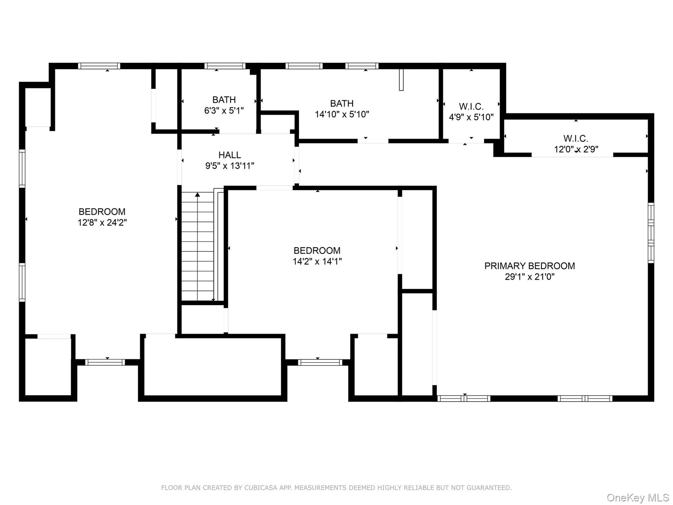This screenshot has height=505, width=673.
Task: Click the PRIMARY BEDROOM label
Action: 529,266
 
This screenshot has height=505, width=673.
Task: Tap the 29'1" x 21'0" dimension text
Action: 529,277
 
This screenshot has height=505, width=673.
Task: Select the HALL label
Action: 230,155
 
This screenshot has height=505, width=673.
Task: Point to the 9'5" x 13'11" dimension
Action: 230,166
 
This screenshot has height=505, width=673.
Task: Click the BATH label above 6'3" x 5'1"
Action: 224,100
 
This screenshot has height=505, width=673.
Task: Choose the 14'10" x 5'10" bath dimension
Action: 342,114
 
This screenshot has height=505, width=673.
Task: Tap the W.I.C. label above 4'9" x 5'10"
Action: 471,106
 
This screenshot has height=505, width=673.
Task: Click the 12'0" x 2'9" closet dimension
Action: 576,149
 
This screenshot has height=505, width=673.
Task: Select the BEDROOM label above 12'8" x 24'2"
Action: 102,211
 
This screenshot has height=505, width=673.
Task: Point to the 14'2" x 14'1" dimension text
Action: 317,261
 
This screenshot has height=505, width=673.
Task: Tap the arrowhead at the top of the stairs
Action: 197,194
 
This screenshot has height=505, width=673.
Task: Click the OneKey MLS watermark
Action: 638,498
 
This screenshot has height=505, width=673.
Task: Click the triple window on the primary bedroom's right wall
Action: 651,233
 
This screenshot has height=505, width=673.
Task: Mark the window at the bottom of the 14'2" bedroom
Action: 320,362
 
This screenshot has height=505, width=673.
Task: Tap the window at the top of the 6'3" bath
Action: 225,66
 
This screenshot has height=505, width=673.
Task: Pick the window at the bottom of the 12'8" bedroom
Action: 105,362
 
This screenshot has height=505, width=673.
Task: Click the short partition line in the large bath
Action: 401,80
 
